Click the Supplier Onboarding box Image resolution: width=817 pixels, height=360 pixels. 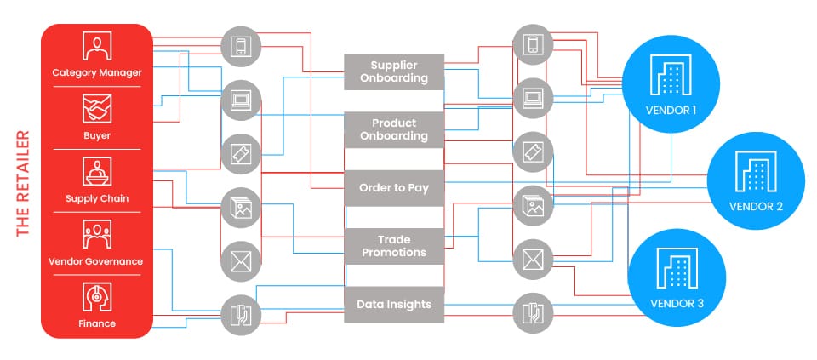click(x=394, y=71)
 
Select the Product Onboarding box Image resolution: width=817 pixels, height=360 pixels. click(x=394, y=129)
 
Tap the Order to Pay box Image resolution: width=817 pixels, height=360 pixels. click(x=394, y=187)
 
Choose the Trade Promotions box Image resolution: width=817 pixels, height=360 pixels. click(x=394, y=246)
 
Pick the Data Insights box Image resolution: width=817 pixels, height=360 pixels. click(x=394, y=304)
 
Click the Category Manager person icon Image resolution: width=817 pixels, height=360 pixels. click(x=96, y=47)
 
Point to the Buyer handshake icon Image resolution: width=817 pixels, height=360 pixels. click(x=96, y=109)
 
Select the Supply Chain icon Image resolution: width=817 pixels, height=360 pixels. click(x=96, y=172)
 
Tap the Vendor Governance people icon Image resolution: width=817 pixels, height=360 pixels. click(x=96, y=234)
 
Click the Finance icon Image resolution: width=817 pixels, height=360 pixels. click(x=96, y=296)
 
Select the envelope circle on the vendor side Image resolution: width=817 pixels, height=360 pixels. click(x=532, y=258)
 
